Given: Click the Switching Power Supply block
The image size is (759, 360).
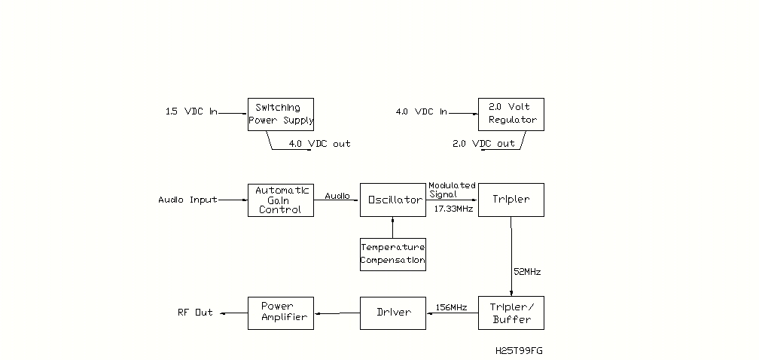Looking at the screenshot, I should (280, 114).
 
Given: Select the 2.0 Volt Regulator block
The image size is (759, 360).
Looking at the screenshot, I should (511, 114).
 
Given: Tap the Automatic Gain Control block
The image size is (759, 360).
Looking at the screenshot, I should (280, 200).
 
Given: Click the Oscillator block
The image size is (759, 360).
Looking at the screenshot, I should (392, 200).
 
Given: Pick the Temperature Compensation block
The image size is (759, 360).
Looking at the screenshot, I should (392, 254).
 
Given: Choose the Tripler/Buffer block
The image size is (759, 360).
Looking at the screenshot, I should (511, 313).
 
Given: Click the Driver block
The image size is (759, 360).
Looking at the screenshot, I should (392, 313).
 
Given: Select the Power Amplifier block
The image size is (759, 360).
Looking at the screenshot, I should (280, 313).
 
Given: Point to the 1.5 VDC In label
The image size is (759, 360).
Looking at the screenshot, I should (191, 112).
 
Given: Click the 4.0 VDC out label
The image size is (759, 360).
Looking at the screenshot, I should (319, 144).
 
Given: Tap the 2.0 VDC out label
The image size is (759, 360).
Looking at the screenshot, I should (483, 144).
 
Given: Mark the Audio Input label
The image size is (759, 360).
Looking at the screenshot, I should (187, 200).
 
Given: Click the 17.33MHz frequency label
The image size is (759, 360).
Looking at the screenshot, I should (453, 209).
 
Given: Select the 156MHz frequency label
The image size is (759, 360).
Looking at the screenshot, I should (451, 307).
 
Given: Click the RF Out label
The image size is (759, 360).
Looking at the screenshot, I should (195, 313).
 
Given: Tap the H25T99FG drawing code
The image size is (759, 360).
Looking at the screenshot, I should (519, 351).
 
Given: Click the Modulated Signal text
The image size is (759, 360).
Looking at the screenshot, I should (452, 190).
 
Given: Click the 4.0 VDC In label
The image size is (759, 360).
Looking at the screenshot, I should (421, 112).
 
